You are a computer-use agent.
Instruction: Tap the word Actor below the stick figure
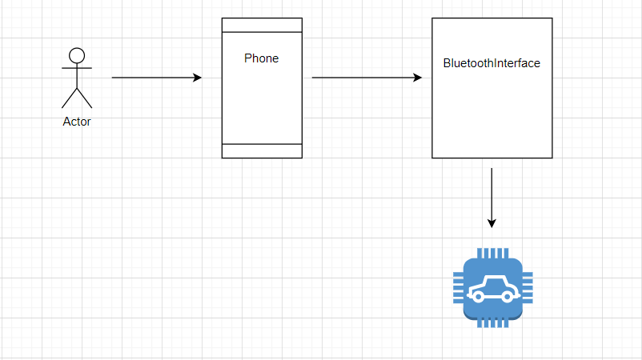click(77, 122)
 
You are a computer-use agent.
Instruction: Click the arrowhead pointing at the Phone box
click(198, 78)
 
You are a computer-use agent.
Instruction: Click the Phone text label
click(261, 58)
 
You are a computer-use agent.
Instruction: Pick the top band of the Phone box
click(262, 25)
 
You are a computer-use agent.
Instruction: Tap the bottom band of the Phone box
click(262, 151)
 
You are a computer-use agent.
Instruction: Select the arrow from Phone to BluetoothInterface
click(367, 78)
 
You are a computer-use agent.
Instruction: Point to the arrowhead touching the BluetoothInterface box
click(418, 78)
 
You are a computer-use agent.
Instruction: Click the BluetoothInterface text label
click(492, 63)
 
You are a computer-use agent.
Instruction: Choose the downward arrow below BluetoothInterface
click(492, 198)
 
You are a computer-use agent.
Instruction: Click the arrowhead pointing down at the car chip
click(492, 223)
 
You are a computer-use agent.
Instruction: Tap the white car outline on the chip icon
click(493, 290)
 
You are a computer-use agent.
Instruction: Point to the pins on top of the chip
click(493, 254)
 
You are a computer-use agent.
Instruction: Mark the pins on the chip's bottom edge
click(493, 322)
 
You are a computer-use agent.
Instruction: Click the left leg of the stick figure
click(69, 98)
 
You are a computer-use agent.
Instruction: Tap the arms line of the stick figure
click(77, 68)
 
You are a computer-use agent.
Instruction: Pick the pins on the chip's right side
click(528, 288)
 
